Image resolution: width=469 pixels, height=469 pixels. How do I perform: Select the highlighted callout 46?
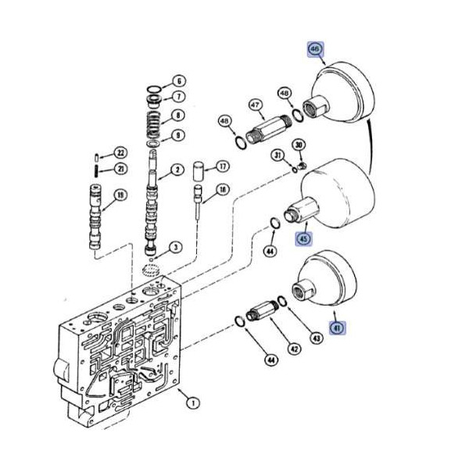click(314, 49)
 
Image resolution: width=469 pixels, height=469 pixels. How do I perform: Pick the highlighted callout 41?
click(337, 328)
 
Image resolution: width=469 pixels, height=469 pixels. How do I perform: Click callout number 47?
click(255, 105)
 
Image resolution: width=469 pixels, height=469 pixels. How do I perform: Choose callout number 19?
click(120, 195)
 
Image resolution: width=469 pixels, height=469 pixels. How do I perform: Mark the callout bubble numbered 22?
click(120, 152)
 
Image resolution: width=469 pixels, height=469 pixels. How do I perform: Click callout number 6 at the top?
click(178, 81)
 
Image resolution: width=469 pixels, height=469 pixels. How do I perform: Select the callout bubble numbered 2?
click(178, 170)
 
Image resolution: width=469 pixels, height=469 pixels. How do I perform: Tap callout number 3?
click(176, 247)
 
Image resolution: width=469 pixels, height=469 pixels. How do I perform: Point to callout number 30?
click(299, 145)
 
